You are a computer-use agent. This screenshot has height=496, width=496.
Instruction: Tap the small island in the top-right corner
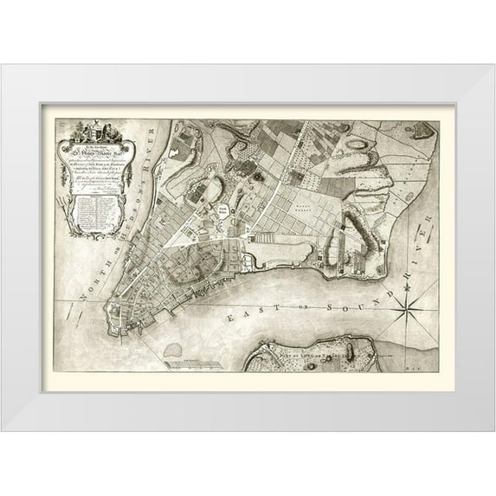422,132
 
